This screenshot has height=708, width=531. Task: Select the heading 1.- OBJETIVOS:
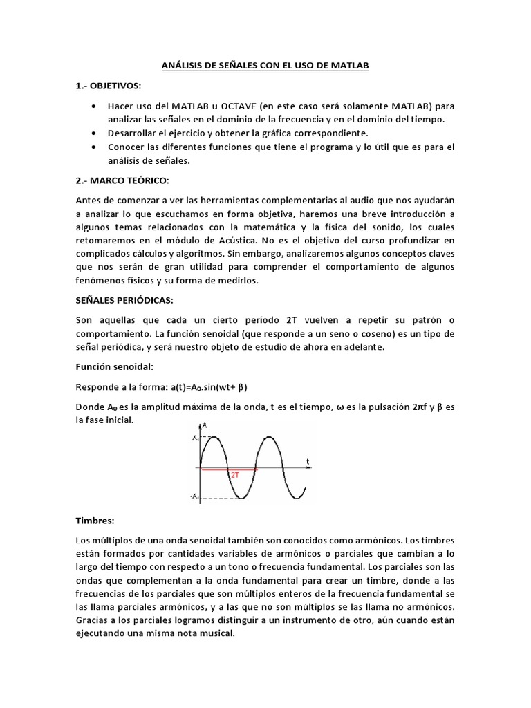click(x=107, y=85)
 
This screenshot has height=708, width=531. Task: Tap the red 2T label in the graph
click(x=236, y=475)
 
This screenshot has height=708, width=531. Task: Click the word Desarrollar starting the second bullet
click(x=135, y=132)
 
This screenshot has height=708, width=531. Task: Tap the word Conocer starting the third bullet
click(x=127, y=147)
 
